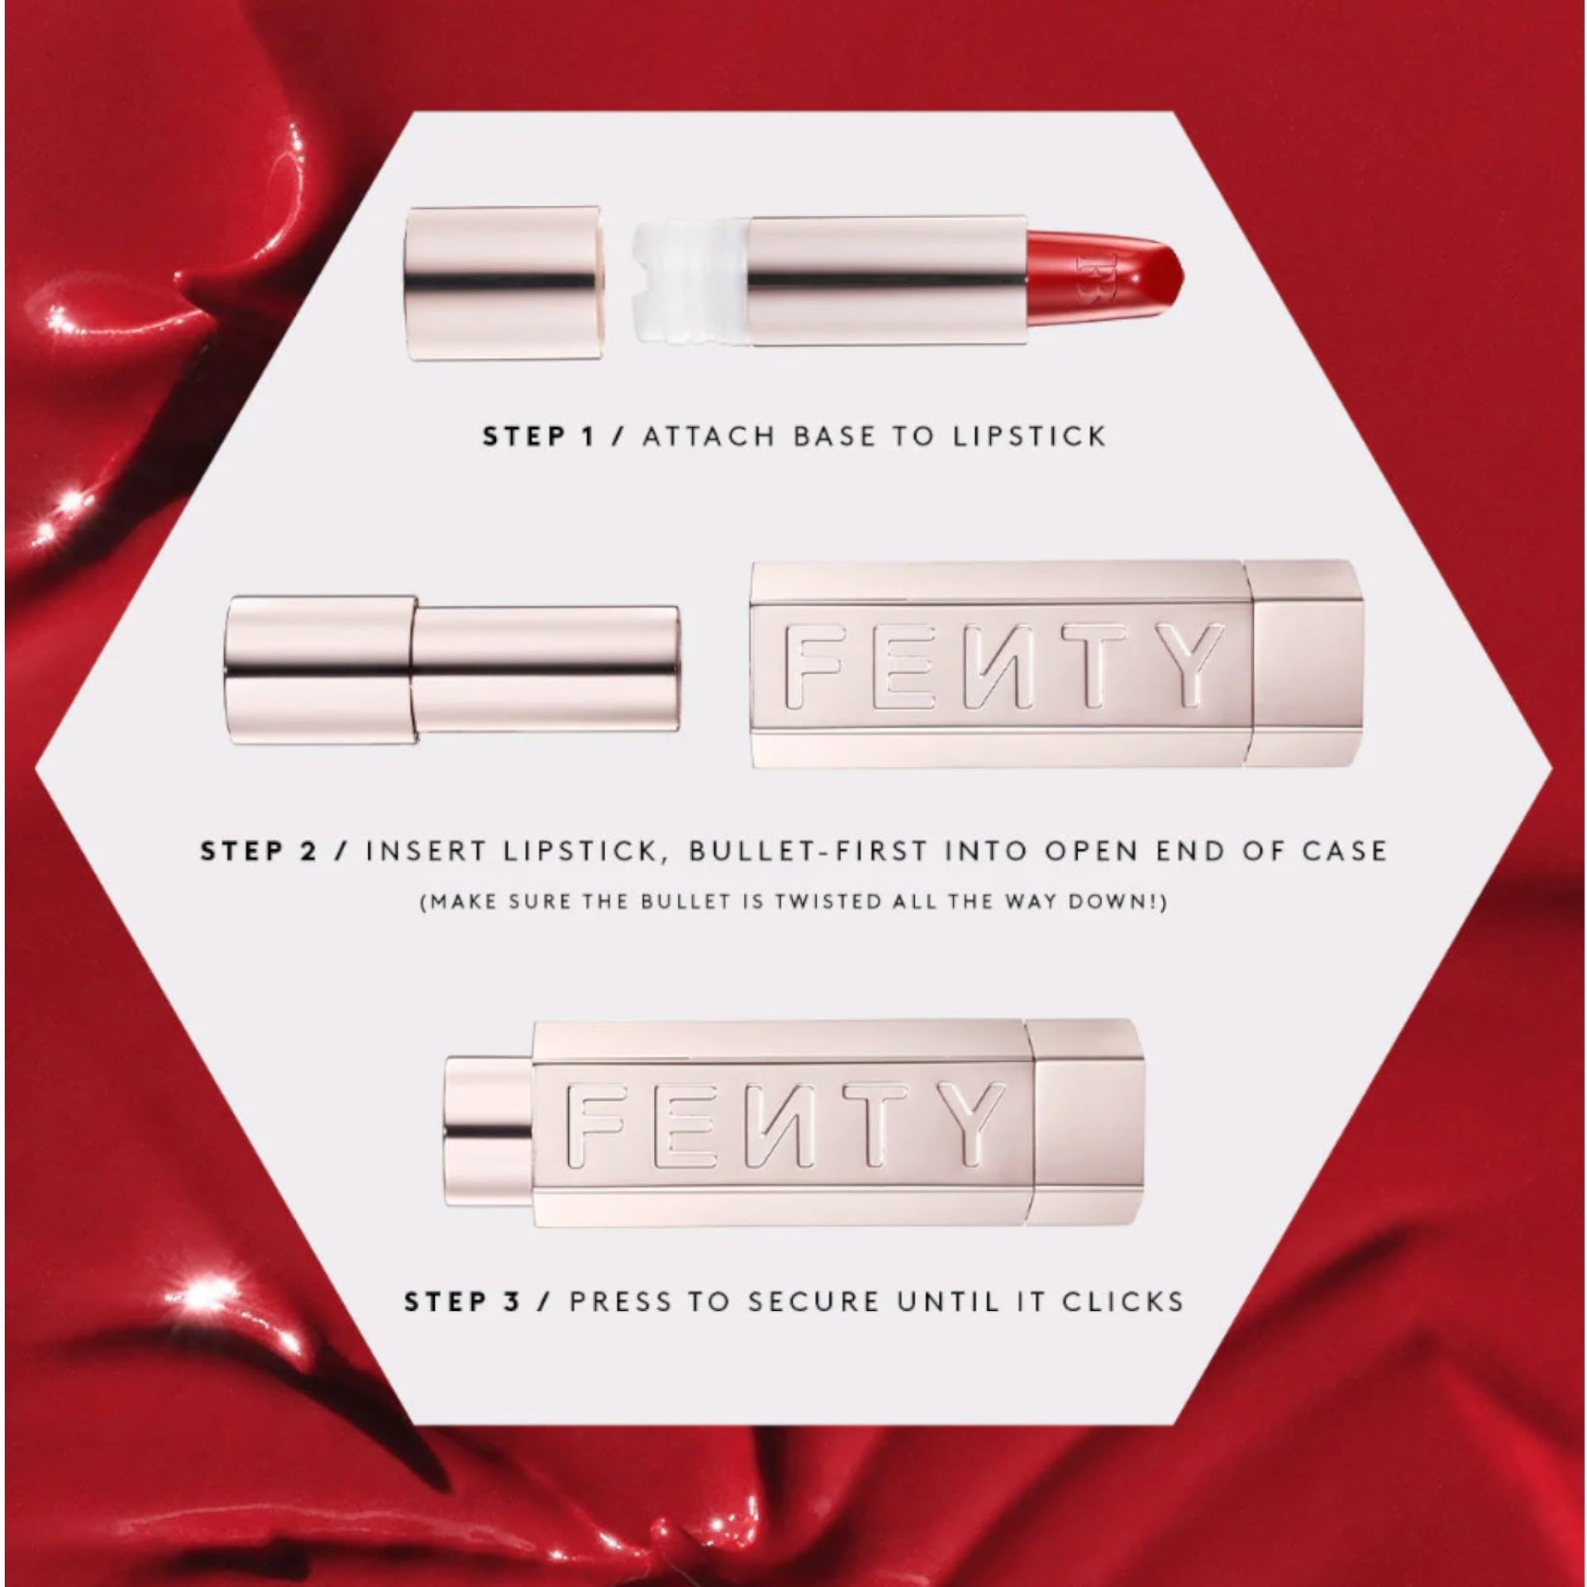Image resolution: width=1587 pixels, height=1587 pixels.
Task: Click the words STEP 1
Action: [x=538, y=436]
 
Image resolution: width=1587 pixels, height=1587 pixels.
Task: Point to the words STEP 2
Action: [x=259, y=852]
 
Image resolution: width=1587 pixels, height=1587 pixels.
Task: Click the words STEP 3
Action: [x=462, y=1302]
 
